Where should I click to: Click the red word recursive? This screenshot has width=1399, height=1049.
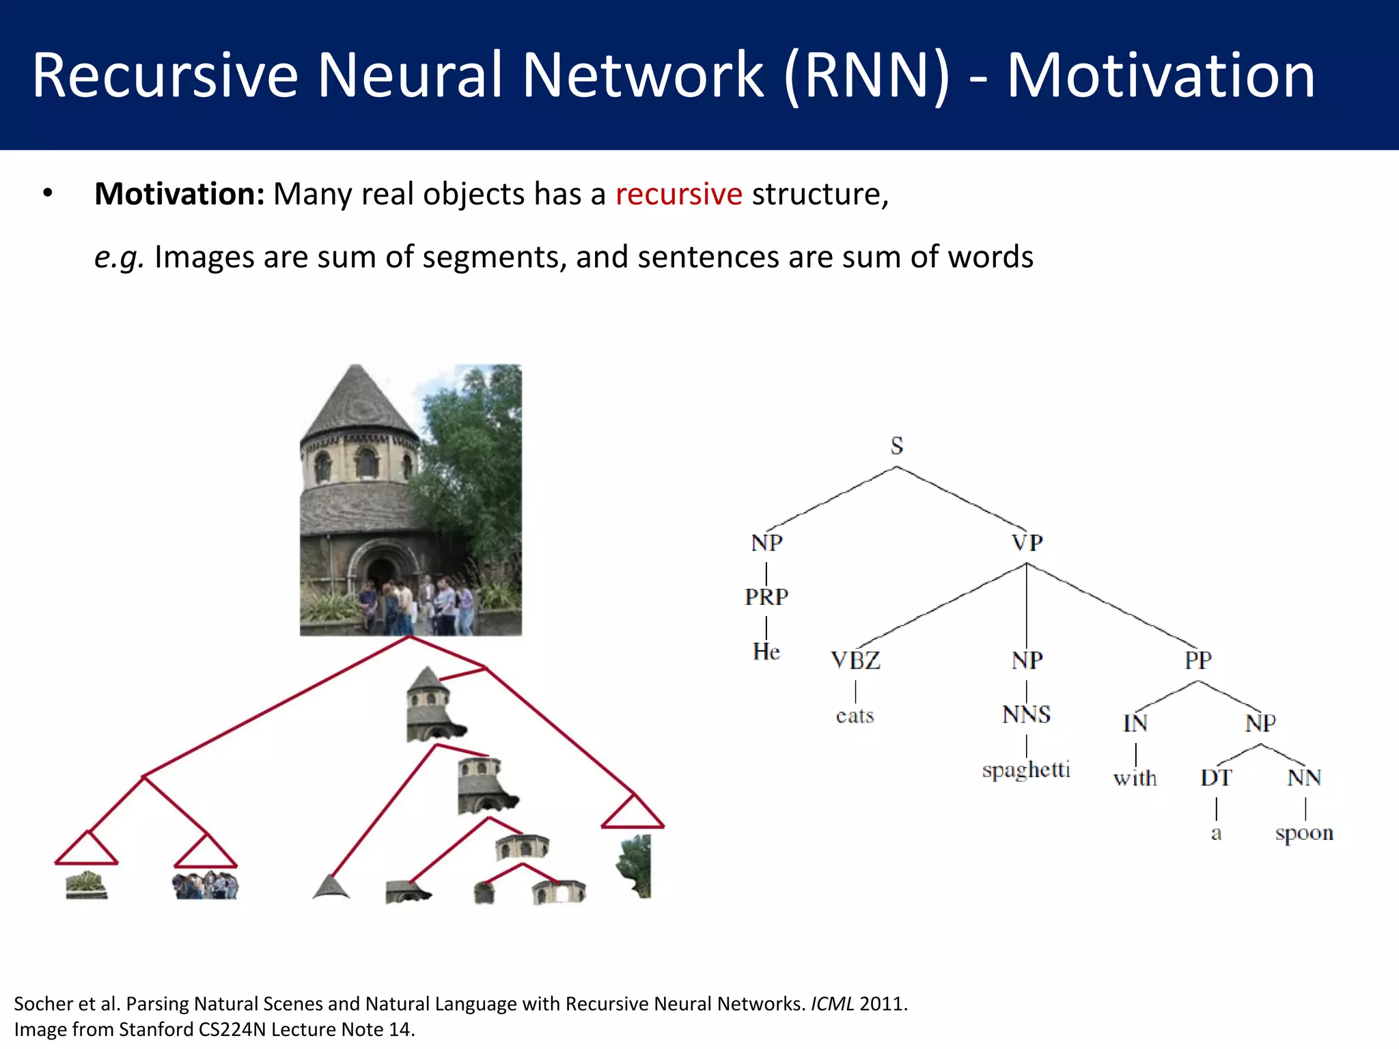pos(678,195)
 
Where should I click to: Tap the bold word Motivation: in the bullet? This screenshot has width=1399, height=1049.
pos(179,195)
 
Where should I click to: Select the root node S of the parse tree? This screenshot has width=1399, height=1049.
pos(897,446)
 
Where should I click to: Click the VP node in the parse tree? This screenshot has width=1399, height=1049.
pos(1027,543)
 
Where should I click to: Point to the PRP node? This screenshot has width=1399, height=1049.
pos(766,597)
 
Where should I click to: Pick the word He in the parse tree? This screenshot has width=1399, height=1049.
pos(766,652)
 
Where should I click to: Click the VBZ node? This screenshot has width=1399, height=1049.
pos(855,660)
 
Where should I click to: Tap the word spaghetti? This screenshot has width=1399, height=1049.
pos(1026,770)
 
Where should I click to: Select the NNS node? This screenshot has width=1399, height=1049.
pos(1026,715)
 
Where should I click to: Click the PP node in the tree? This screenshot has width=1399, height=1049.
pos(1198,660)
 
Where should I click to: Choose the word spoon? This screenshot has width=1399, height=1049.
pos(1304,833)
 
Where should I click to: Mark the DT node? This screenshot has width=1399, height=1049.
pos(1216,778)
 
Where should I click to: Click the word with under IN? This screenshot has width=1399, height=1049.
pos(1135,779)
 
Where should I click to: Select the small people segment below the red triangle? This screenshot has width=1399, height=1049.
pos(206,886)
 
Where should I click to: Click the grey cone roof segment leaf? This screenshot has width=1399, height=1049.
pos(331,888)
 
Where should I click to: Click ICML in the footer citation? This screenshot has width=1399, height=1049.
pos(832,1004)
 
